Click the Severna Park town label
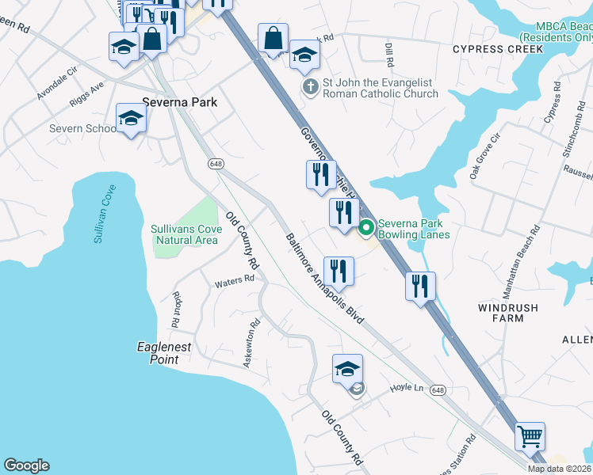pyautogui.click(x=179, y=102)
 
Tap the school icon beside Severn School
pyautogui.click(x=131, y=119)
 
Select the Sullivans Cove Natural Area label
pyautogui.click(x=185, y=234)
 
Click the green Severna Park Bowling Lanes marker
pyautogui.click(x=366, y=229)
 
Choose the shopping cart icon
pyautogui.click(x=530, y=436)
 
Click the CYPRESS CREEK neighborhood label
pyautogui.click(x=497, y=49)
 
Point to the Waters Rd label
pyautogui.click(x=235, y=279)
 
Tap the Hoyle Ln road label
pyautogui.click(x=407, y=388)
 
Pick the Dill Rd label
pyautogui.click(x=388, y=55)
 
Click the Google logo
pyautogui.click(x=26, y=465)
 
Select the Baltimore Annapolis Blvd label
pyautogui.click(x=325, y=279)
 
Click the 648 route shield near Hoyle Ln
pyautogui.click(x=439, y=390)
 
